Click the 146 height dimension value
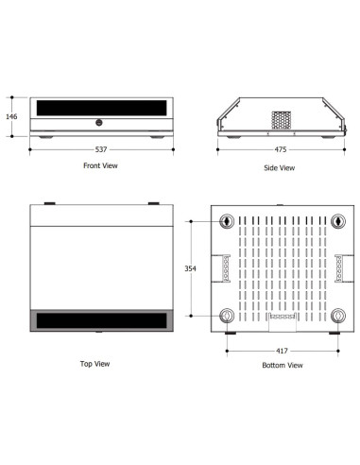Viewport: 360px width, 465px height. tap(11, 116)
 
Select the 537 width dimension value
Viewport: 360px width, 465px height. tap(101, 149)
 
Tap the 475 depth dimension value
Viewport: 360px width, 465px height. tap(281, 149)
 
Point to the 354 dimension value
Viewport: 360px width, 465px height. tap(190, 268)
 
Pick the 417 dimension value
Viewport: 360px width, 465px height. tap(282, 351)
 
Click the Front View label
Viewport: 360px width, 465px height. tap(100, 165)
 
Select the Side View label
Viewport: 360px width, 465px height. tap(280, 167)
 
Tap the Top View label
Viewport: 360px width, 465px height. tap(94, 364)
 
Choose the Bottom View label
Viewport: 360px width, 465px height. tap(283, 365)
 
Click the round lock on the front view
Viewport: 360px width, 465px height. tap(99, 123)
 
